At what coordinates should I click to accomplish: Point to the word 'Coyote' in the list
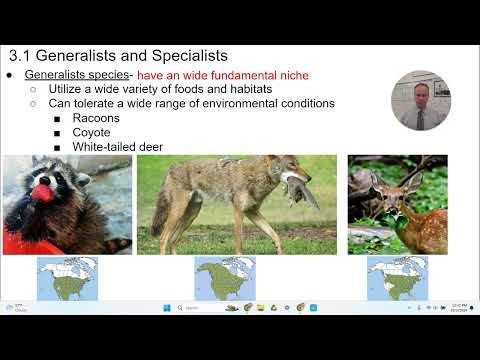click(x=91, y=132)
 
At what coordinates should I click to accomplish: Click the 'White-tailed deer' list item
click(x=117, y=147)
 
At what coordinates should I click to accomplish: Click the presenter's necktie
click(x=421, y=117)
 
